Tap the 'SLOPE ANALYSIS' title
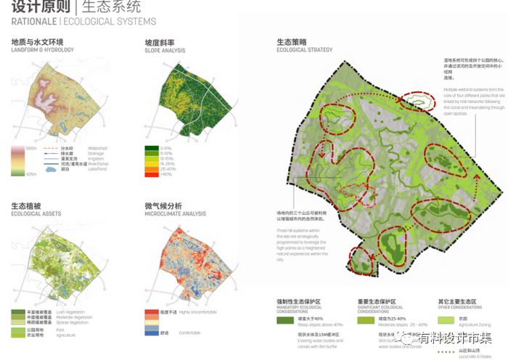tap(165, 49)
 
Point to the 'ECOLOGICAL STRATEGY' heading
tap(305, 49)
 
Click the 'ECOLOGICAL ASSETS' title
tap(34, 214)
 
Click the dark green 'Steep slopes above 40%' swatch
tap(285, 320)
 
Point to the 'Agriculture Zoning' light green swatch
tap(446, 320)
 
